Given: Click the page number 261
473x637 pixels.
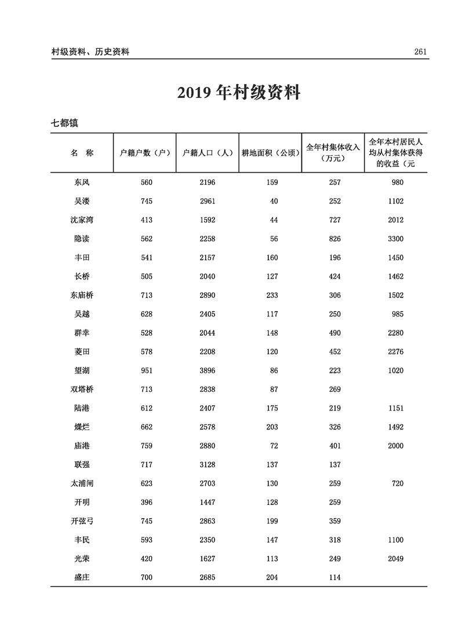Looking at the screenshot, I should click(x=420, y=52).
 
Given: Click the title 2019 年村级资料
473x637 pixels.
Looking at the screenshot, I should click(x=238, y=93).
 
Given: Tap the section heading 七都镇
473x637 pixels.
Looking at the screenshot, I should click(x=64, y=123).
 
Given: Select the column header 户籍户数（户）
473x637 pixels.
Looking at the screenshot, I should click(x=144, y=153).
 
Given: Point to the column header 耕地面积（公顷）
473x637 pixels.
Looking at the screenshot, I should click(x=270, y=153).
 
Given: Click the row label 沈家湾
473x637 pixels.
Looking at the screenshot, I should click(x=82, y=220).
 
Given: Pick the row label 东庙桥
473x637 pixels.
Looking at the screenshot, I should click(x=82, y=295).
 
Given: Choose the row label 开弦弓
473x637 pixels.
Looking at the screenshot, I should click(x=82, y=521).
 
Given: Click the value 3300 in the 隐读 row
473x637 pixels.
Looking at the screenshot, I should click(x=395, y=239).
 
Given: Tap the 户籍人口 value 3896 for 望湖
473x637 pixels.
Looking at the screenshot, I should click(x=207, y=370).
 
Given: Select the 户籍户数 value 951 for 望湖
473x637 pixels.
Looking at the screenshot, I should click(x=146, y=370).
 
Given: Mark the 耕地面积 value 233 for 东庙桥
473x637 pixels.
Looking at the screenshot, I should click(x=271, y=295).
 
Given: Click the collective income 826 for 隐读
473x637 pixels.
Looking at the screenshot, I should click(x=334, y=239).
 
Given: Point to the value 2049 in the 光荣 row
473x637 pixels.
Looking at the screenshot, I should click(x=395, y=559).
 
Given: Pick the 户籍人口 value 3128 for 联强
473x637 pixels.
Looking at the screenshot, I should click(x=207, y=465).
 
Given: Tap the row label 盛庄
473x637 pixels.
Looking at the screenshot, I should click(x=82, y=577).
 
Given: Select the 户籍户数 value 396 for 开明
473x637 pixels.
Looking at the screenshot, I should click(x=146, y=503).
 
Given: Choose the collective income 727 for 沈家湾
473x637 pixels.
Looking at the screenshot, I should click(x=334, y=220).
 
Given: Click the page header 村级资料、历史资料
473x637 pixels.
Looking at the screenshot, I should click(x=90, y=52).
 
